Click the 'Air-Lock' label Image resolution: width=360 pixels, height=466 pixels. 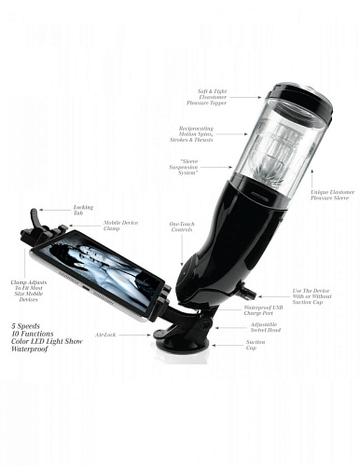pos(104,334)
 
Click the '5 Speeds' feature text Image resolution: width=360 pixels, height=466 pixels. pos(27,326)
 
